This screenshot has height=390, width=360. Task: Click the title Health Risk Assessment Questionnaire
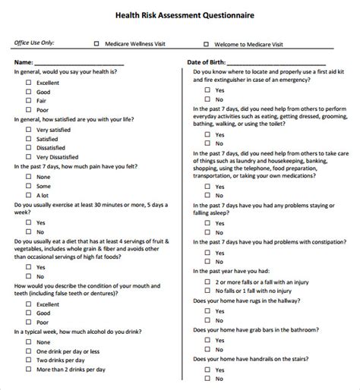pyautogui.click(x=179, y=14)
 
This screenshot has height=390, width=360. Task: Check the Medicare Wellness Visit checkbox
pyautogui.click(x=96, y=44)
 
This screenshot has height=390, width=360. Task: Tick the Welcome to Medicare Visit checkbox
pyautogui.click(x=206, y=44)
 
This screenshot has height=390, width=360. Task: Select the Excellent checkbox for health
pyautogui.click(x=28, y=81)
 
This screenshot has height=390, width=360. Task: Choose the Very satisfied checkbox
pyautogui.click(x=28, y=130)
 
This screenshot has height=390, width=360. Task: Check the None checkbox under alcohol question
pyautogui.click(x=28, y=341)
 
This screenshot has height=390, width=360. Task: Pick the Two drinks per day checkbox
pyautogui.click(x=28, y=361)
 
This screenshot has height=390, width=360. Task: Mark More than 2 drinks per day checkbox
pyautogui.click(x=28, y=371)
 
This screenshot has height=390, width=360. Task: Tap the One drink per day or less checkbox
pyautogui.click(x=28, y=351)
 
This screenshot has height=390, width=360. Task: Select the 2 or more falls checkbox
pyautogui.click(x=207, y=280)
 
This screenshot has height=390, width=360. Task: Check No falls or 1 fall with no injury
pyautogui.click(x=207, y=290)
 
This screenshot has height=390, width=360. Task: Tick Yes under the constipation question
pyautogui.click(x=207, y=251)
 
